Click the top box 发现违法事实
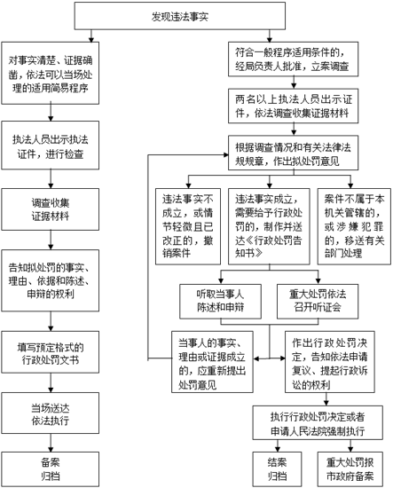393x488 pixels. coord(179,16)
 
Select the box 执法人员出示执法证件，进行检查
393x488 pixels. coord(50,146)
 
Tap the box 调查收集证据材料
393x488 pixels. coord(50,209)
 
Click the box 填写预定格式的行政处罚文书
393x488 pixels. coord(50,352)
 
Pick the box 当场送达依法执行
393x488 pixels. coord(50,413)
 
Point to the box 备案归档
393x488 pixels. coord(50,469)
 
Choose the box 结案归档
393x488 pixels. coord(277,469)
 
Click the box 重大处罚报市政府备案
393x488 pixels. coord(350,469)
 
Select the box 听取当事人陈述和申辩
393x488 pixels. coord(220,302)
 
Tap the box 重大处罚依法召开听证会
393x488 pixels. coord(318,302)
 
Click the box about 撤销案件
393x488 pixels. coord(188,226)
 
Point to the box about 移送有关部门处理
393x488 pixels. coord(354,226)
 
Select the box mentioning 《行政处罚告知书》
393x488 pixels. coord(269,226)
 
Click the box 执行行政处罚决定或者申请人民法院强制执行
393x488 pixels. coord(318,422)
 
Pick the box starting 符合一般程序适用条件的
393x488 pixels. coord(293,59)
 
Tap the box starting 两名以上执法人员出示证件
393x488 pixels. coord(293,106)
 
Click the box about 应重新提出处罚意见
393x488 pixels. coord(212,362)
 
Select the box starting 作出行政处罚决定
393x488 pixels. coord(330,362)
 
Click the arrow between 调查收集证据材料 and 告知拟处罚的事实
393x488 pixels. coord(51,240)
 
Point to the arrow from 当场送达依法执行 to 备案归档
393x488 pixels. coord(51,443)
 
